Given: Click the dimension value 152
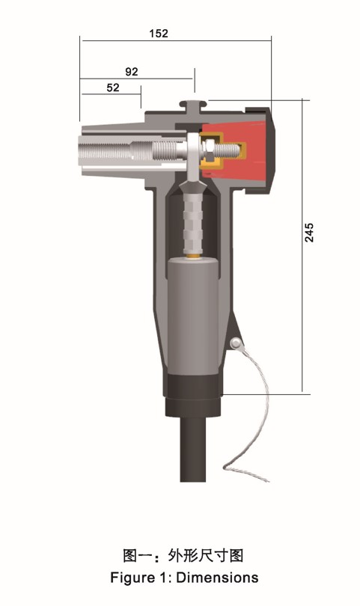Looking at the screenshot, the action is pyautogui.click(x=159, y=33).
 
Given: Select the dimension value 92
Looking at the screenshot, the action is pyautogui.click(x=132, y=72).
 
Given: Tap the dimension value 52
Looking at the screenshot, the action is pyautogui.click(x=113, y=88).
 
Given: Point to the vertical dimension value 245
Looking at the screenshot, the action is pyautogui.click(x=309, y=232).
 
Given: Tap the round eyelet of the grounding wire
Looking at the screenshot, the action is pyautogui.click(x=235, y=343).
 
